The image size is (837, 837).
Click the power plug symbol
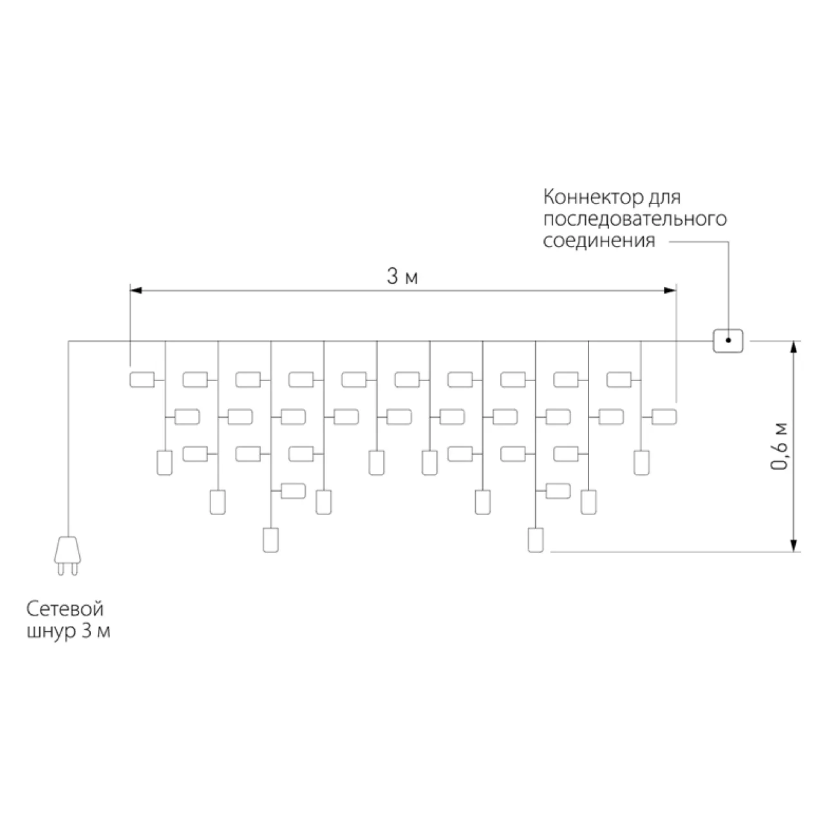pyautogui.click(x=68, y=556)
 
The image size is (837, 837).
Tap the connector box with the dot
pyautogui.click(x=728, y=341)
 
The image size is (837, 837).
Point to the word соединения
pyautogui.click(x=599, y=240)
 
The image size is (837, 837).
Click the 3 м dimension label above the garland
pyautogui.click(x=402, y=276)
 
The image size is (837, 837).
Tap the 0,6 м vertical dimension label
pyautogui.click(x=779, y=446)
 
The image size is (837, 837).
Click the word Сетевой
pyautogui.click(x=65, y=609)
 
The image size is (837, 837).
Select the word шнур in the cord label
pyautogui.click(x=52, y=632)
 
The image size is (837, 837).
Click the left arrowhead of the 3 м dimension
pyautogui.click(x=136, y=290)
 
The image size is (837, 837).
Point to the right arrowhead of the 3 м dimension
pyautogui.click(x=670, y=290)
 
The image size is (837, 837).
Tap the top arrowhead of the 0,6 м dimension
pyautogui.click(x=794, y=347)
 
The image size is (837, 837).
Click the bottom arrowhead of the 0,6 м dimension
pyautogui.click(x=794, y=546)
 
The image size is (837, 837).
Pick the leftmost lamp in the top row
pyautogui.click(x=142, y=380)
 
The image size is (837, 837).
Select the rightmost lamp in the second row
pyautogui.click(x=664, y=417)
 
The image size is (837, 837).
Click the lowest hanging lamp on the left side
pyautogui.click(x=270, y=540)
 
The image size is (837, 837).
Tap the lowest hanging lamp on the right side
pyautogui.click(x=536, y=540)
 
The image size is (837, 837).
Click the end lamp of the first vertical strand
pyautogui.click(x=165, y=463)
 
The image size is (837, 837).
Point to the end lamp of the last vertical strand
pyautogui.click(x=641, y=463)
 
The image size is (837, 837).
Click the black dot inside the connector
pyautogui.click(x=728, y=341)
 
